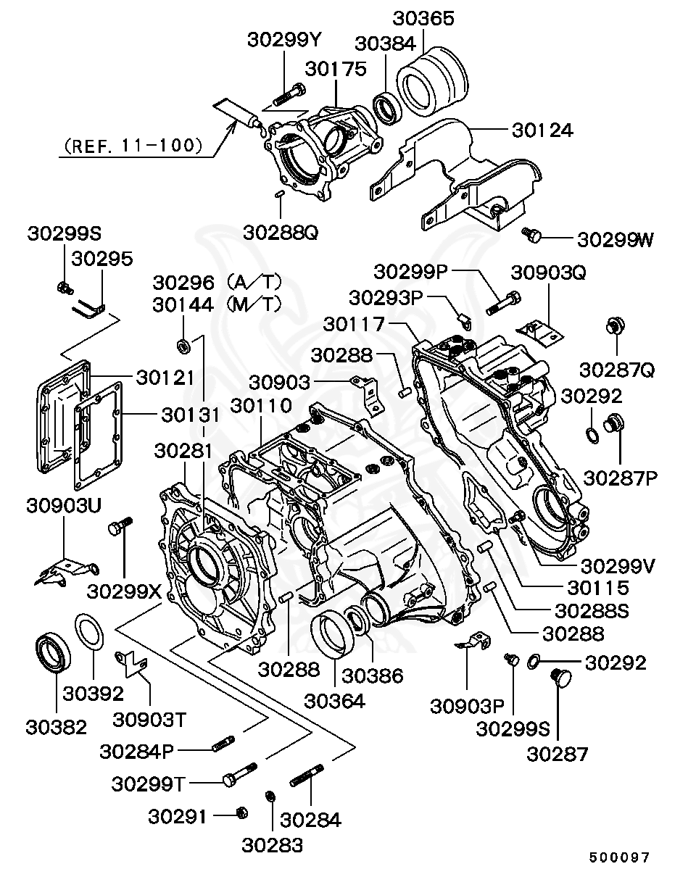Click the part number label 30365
(424, 18)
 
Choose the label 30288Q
(281, 233)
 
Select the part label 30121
(165, 378)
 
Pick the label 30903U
(64, 504)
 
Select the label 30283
(273, 844)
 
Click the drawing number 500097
(619, 857)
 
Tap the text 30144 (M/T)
(216, 305)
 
